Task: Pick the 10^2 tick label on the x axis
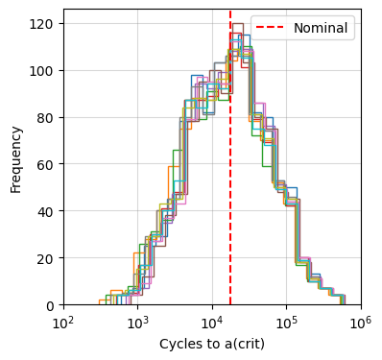[x=63, y=321]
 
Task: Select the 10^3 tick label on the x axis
[x=137, y=321]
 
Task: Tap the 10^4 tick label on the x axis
[x=212, y=321]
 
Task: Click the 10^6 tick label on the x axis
[x=361, y=321]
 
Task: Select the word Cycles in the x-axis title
[x=179, y=343]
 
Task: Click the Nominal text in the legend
[x=321, y=28]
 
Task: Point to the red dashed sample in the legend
[x=271, y=28]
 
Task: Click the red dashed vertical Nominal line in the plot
[x=230, y=192]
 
